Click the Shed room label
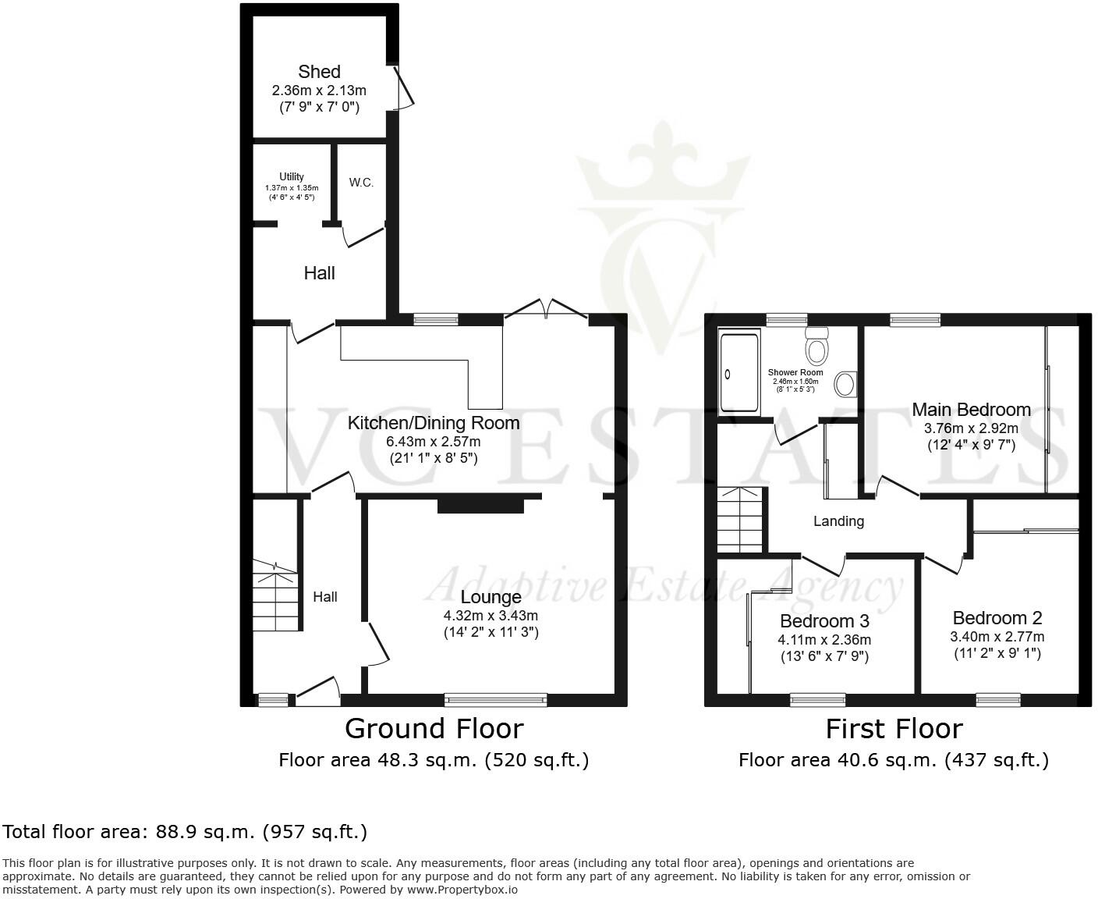point(319,72)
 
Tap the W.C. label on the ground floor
point(361,183)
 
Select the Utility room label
point(292,177)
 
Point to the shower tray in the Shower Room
point(738,372)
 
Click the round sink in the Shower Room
point(845,383)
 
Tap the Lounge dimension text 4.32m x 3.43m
point(491,615)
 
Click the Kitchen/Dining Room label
point(433,423)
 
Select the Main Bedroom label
point(971,410)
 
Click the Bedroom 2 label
point(997,618)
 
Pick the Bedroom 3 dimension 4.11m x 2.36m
point(824,640)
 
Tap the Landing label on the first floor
point(838,521)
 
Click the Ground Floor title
point(434,728)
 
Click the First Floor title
point(894,728)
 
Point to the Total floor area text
point(185,832)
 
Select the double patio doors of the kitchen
point(546,310)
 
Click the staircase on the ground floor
point(275,597)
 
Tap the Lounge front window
point(495,700)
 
